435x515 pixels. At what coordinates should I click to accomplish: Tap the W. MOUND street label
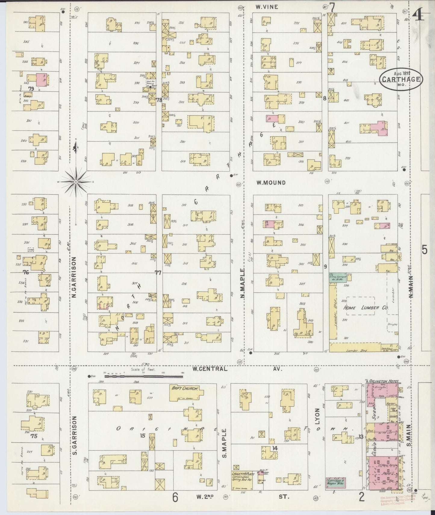pyautogui.click(x=271, y=182)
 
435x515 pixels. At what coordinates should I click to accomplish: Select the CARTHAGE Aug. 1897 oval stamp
pyautogui.click(x=401, y=79)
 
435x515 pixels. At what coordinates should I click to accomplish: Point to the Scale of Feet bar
pyautogui.click(x=144, y=376)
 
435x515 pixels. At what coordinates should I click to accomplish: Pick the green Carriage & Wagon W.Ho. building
pyautogui.click(x=335, y=484)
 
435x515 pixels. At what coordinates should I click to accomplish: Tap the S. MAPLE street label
pyautogui.click(x=224, y=445)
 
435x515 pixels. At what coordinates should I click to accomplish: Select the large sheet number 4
pyautogui.click(x=418, y=14)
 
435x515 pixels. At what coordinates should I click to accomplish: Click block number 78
pyautogui.click(x=159, y=100)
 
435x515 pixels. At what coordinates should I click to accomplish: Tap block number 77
pyautogui.click(x=158, y=273)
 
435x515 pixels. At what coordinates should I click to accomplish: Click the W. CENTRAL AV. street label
pyautogui.click(x=238, y=369)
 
